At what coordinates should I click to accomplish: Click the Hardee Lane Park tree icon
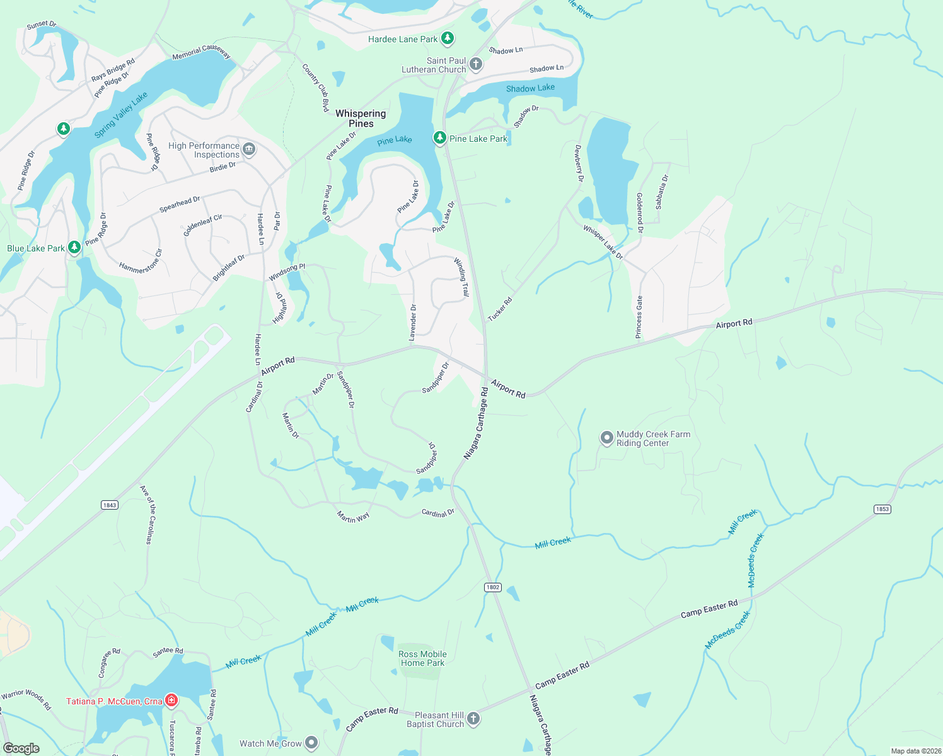coord(448,38)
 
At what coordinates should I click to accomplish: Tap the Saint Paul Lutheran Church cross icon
coord(476,64)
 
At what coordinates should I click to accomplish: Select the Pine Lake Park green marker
coord(440,138)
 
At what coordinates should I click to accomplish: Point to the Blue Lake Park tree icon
coord(74,247)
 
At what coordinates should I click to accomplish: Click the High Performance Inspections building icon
coord(249,149)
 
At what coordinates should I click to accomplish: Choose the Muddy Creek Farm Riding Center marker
coord(606,438)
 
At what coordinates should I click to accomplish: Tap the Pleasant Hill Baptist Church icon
coord(473,718)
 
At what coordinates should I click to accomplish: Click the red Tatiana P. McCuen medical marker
coord(171,701)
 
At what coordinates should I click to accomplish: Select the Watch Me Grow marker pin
coord(311,743)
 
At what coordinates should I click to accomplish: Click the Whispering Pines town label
coord(361,118)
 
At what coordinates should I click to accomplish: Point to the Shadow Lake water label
coord(530,88)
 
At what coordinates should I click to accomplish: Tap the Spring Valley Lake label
coord(121,115)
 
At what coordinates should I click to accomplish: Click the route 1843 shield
coord(110,505)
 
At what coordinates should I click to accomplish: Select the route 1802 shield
coord(492,587)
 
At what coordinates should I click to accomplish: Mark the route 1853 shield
coord(882,509)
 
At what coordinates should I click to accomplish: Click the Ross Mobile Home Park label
coord(422,658)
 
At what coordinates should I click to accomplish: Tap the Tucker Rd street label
coord(500,309)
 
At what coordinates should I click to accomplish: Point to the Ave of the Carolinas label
coord(146,514)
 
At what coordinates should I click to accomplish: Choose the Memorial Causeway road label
coord(202,52)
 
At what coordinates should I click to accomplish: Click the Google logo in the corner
coord(21,748)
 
